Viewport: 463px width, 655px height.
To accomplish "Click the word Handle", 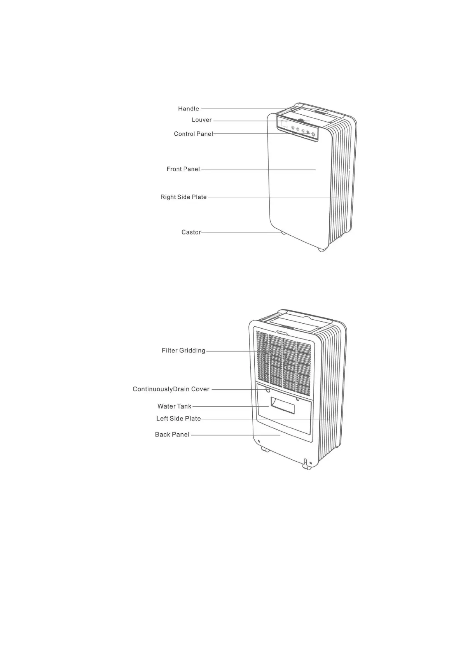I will (189, 109).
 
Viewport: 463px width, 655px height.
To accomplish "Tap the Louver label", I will (201, 120).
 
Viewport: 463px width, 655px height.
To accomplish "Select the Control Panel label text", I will (193, 134).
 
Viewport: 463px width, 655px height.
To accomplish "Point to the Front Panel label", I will (183, 169).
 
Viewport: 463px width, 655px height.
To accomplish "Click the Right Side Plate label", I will (183, 197).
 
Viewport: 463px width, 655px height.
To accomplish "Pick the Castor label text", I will (191, 233).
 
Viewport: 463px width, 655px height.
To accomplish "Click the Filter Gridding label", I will (183, 351).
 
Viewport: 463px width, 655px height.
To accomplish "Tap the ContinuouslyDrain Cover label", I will (171, 389).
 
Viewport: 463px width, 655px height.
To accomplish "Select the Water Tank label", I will (175, 406).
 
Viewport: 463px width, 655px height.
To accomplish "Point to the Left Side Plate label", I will (178, 419).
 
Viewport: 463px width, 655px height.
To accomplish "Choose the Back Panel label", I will (172, 434).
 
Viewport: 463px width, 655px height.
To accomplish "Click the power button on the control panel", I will (313, 134).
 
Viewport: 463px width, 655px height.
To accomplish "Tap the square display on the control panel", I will (284, 124).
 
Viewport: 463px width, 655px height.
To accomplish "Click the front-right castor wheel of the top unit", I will (321, 249).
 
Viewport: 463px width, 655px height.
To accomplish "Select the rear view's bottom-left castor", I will (265, 450).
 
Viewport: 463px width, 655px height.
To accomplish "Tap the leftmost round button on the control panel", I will (293, 128).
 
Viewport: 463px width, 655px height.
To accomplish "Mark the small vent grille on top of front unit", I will (321, 112).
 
